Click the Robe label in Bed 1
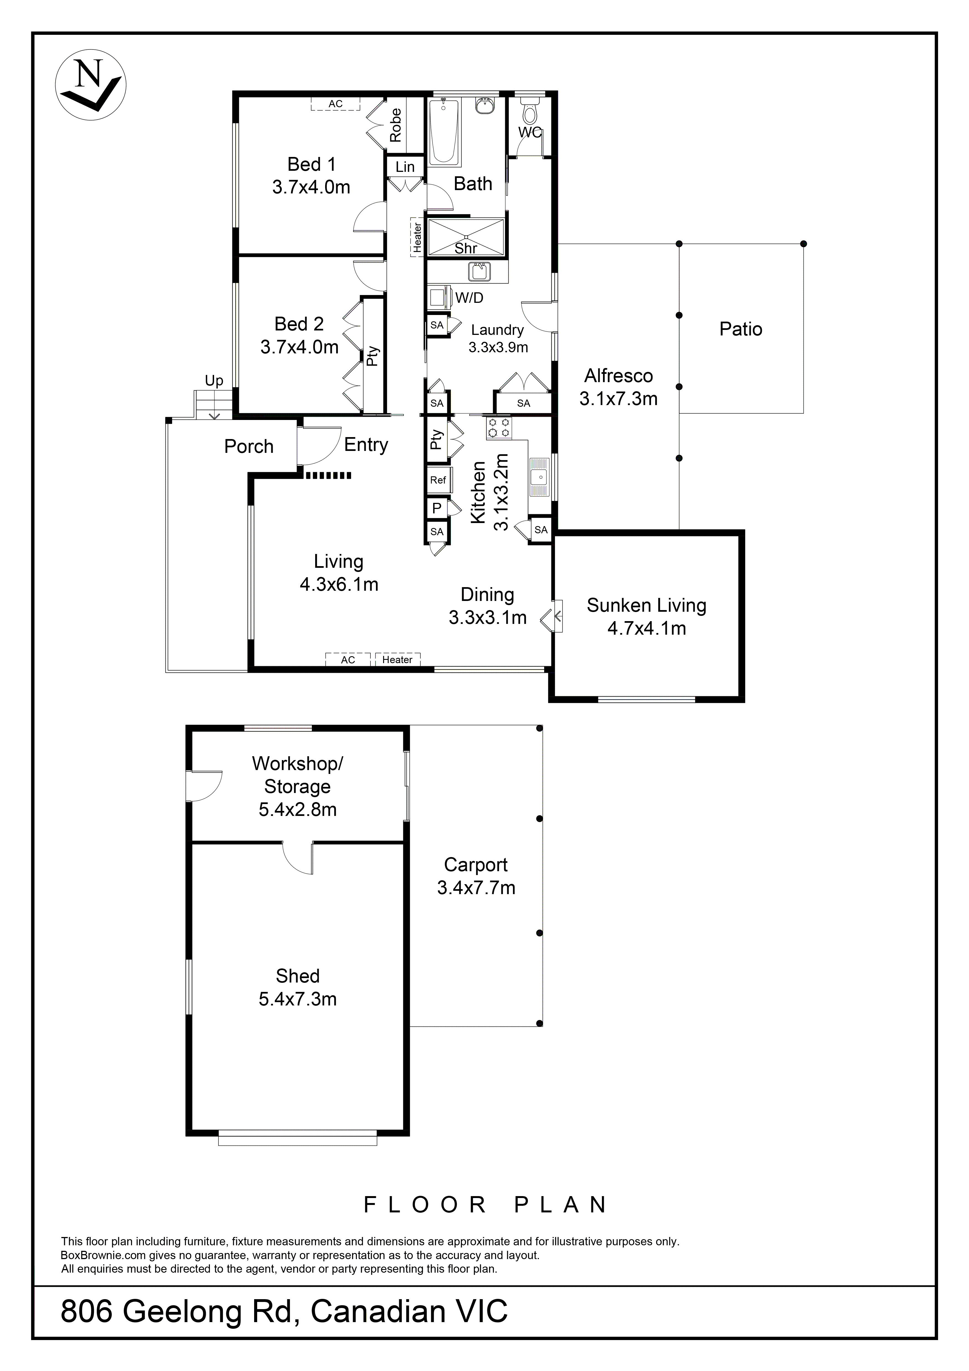click(395, 125)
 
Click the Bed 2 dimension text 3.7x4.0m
click(299, 347)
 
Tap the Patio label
click(740, 329)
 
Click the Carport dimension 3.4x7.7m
click(476, 888)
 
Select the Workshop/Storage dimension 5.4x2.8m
click(297, 810)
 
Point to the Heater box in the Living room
click(397, 659)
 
